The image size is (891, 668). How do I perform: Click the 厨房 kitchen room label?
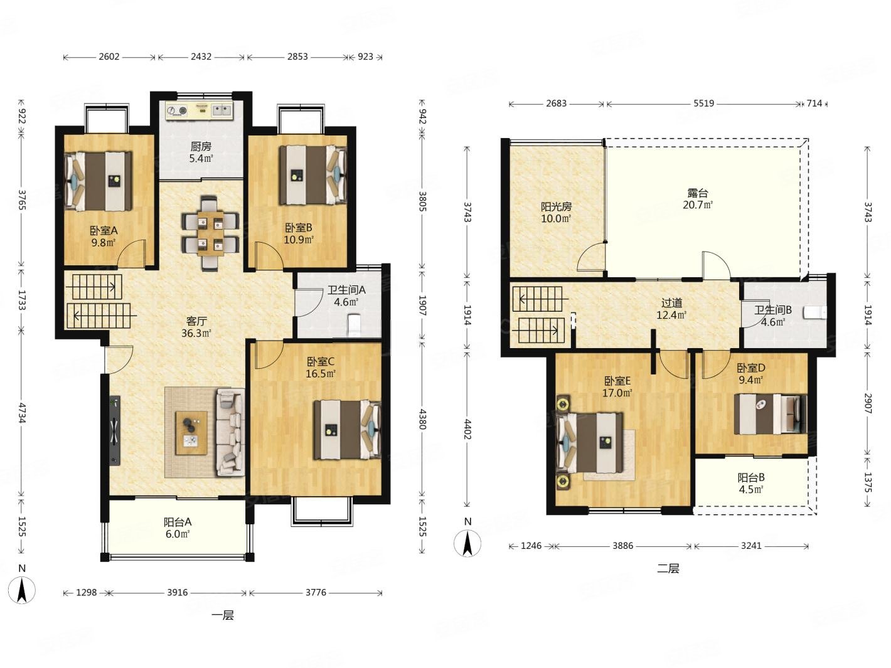[x=201, y=146]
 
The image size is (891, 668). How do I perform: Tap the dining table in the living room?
[x=210, y=233]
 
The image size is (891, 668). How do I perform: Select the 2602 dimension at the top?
[x=109, y=57]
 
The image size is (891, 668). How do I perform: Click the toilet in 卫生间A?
[x=355, y=324]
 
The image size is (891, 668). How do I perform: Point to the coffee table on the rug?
[x=191, y=433]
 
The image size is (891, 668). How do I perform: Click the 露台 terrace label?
[x=697, y=193]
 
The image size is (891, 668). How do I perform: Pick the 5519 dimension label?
[x=703, y=103]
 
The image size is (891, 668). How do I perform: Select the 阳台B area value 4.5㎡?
[x=750, y=489]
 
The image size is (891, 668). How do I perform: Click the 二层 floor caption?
[x=668, y=568]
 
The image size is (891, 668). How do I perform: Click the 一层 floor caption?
[x=223, y=615]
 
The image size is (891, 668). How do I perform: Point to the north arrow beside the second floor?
[x=467, y=543]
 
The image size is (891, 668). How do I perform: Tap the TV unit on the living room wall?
[x=115, y=430]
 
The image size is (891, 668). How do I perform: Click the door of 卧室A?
[x=132, y=253]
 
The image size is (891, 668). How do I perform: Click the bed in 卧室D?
[x=770, y=414]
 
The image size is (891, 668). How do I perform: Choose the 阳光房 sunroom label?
[x=556, y=206]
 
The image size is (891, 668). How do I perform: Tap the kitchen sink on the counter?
[x=222, y=110]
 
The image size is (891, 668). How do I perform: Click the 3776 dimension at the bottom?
[x=316, y=592]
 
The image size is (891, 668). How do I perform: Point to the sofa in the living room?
[x=230, y=432]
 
